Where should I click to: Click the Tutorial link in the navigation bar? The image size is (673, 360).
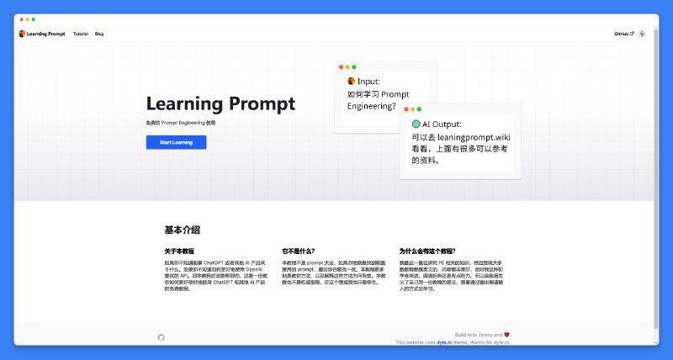(81, 34)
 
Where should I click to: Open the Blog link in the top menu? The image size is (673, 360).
(99, 34)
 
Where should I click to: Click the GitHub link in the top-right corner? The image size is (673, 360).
(623, 34)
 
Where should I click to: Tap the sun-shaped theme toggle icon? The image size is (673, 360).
(642, 34)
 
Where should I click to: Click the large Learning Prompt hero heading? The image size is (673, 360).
(220, 103)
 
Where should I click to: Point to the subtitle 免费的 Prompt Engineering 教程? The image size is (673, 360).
(187, 123)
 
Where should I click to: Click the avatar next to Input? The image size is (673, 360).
(352, 82)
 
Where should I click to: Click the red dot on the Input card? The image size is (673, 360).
(342, 66)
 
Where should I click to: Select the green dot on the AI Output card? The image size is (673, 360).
(420, 109)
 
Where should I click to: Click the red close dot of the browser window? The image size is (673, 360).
(21, 19)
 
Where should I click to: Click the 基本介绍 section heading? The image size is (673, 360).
(182, 230)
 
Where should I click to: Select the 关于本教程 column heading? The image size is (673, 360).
(179, 251)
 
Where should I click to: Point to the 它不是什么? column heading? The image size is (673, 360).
(299, 251)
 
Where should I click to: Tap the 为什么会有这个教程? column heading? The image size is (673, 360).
(427, 251)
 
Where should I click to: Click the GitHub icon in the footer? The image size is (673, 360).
(162, 337)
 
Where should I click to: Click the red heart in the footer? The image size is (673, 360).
(506, 334)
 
